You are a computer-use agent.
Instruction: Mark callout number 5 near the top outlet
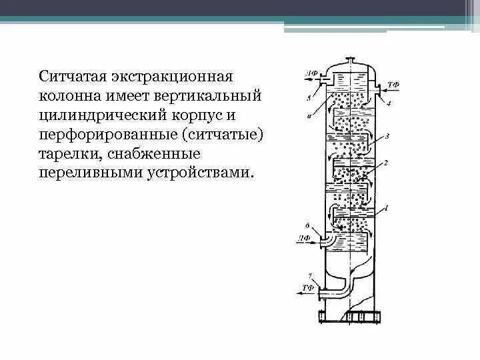tap(308, 97)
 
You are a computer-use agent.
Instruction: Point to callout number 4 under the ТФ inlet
tap(389, 105)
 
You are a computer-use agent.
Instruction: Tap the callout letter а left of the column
tap(308, 117)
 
